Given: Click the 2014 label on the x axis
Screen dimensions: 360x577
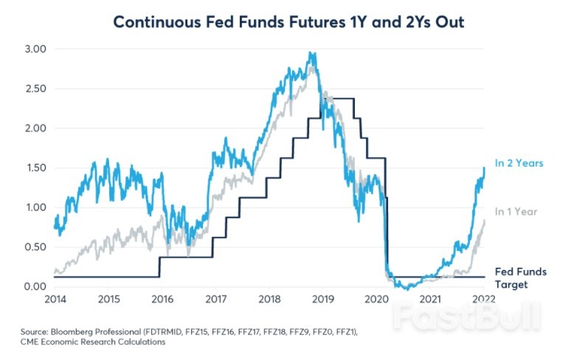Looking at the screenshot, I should (55, 300).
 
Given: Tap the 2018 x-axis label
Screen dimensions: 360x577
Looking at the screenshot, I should (269, 300).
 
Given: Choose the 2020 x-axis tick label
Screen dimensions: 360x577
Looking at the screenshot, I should (376, 300).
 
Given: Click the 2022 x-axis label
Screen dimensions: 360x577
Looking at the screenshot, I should (483, 300).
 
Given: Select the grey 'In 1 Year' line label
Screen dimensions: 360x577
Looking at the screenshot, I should (516, 211).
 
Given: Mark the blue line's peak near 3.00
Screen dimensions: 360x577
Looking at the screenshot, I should (313, 54).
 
